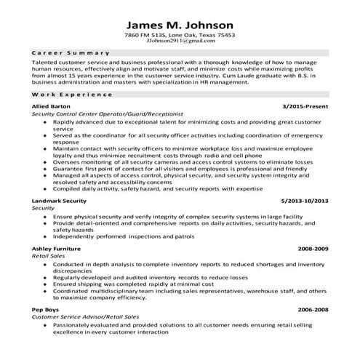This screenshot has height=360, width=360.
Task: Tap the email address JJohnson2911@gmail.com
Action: pyautogui.click(x=180, y=42)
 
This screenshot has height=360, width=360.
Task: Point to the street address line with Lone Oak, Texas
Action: pyautogui.click(x=180, y=35)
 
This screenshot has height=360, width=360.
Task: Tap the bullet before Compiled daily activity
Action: pyautogui.click(x=45, y=188)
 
